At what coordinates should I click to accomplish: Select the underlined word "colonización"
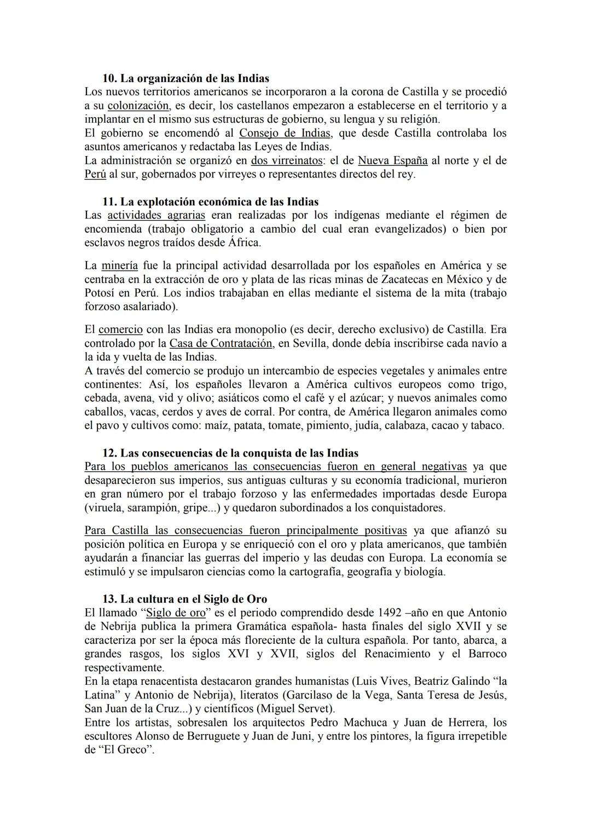(x=138, y=106)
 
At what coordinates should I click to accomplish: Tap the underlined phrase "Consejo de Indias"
(x=285, y=133)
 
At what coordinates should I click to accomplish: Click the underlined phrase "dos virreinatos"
(x=287, y=160)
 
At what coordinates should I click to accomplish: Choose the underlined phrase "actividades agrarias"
(x=156, y=215)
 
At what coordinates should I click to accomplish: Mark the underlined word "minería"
(x=119, y=265)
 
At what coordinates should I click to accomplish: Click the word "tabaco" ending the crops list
(x=486, y=425)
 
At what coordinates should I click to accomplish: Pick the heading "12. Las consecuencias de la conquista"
(x=230, y=453)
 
